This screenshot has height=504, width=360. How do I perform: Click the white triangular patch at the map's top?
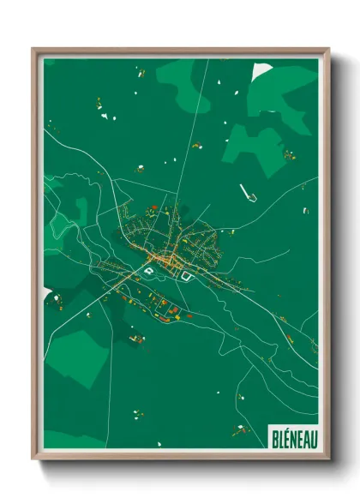coord(261,69)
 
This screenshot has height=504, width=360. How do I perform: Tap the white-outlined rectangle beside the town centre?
coord(184,277)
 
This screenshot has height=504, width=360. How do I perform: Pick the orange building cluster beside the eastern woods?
coord(289,155)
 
